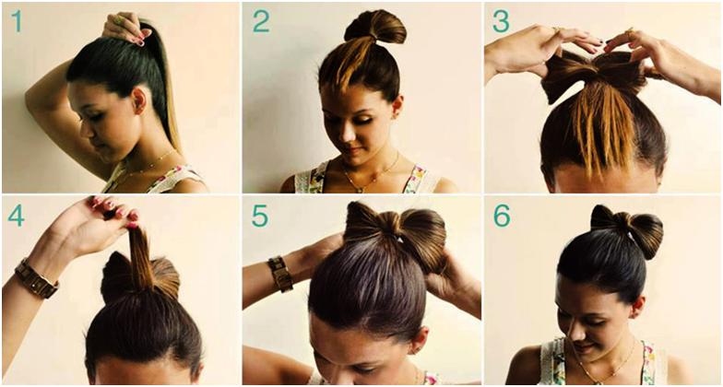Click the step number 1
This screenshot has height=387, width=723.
(17, 21)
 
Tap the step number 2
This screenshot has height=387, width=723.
(261, 21)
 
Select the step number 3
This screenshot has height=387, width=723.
(502, 21)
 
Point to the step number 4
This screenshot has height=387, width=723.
(16, 216)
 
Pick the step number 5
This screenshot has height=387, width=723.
(260, 216)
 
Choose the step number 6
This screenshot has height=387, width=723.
(502, 216)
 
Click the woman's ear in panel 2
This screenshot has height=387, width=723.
(395, 105)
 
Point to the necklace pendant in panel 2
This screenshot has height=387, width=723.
(360, 188)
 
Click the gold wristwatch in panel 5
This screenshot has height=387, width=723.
(280, 274)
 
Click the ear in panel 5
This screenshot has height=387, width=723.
(421, 341)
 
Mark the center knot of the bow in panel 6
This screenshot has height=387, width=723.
(625, 225)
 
